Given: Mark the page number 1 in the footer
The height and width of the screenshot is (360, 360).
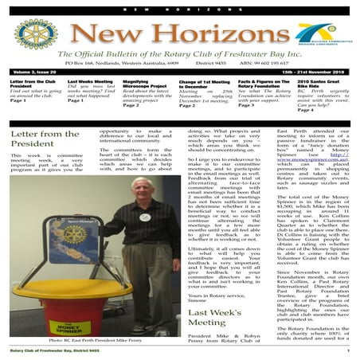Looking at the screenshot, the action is (x=348, y=350).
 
